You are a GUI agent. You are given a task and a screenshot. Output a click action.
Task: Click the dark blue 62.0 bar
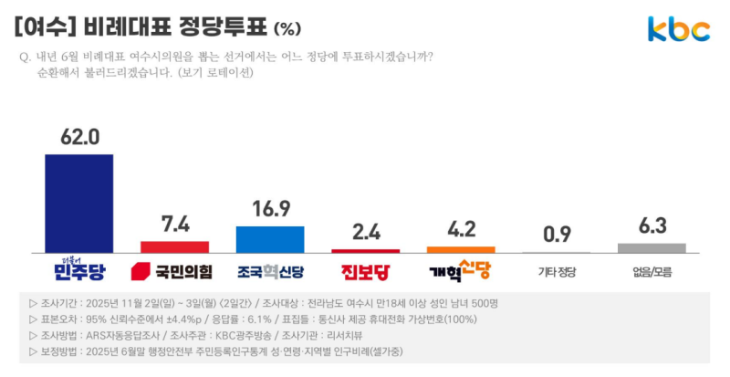click(79, 203)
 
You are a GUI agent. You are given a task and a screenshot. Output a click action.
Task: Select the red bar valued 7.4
click(174, 246)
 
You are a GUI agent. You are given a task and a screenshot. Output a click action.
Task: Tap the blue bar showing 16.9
click(270, 239)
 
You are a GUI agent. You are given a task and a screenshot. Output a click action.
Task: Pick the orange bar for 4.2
click(461, 249)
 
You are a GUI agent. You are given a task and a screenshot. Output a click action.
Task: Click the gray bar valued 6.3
click(652, 247)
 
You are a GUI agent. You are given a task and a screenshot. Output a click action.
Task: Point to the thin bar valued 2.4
click(365, 251)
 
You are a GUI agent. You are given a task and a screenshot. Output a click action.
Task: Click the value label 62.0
click(79, 138)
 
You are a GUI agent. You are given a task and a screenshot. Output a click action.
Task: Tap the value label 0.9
click(557, 236)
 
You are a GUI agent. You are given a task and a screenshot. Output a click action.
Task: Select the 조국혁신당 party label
click(270, 272)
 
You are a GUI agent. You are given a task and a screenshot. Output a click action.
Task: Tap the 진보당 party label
click(365, 272)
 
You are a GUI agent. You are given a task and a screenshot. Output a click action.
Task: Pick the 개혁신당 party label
click(460, 271)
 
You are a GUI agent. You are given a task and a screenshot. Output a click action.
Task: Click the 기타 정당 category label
click(557, 272)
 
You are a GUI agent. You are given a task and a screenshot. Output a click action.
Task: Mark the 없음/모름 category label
click(652, 272)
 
